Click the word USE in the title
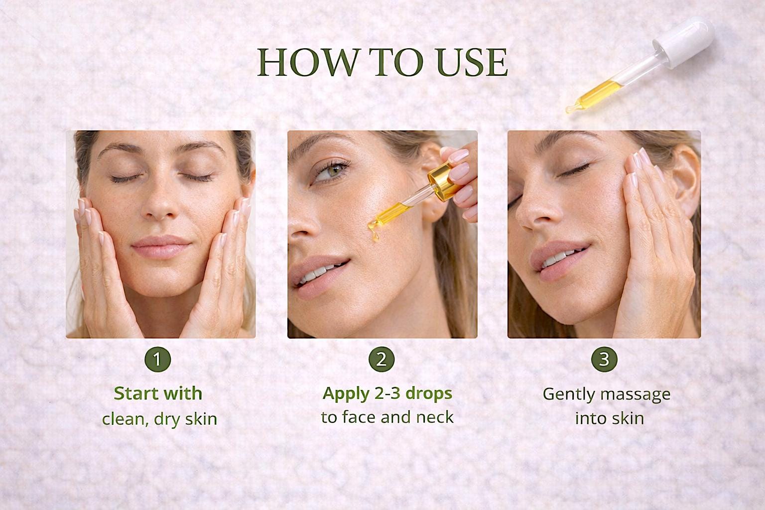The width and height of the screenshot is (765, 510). click(x=472, y=63)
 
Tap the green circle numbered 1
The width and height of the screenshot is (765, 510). click(x=158, y=360)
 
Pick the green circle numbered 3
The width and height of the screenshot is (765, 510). click(x=604, y=360)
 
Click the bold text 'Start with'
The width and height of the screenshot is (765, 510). click(x=158, y=393)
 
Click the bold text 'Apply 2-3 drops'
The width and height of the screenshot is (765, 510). click(x=387, y=394)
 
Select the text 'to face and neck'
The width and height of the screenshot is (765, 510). click(x=387, y=417)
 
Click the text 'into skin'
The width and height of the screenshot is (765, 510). click(x=609, y=418)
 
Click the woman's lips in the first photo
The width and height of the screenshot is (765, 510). click(x=160, y=247)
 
